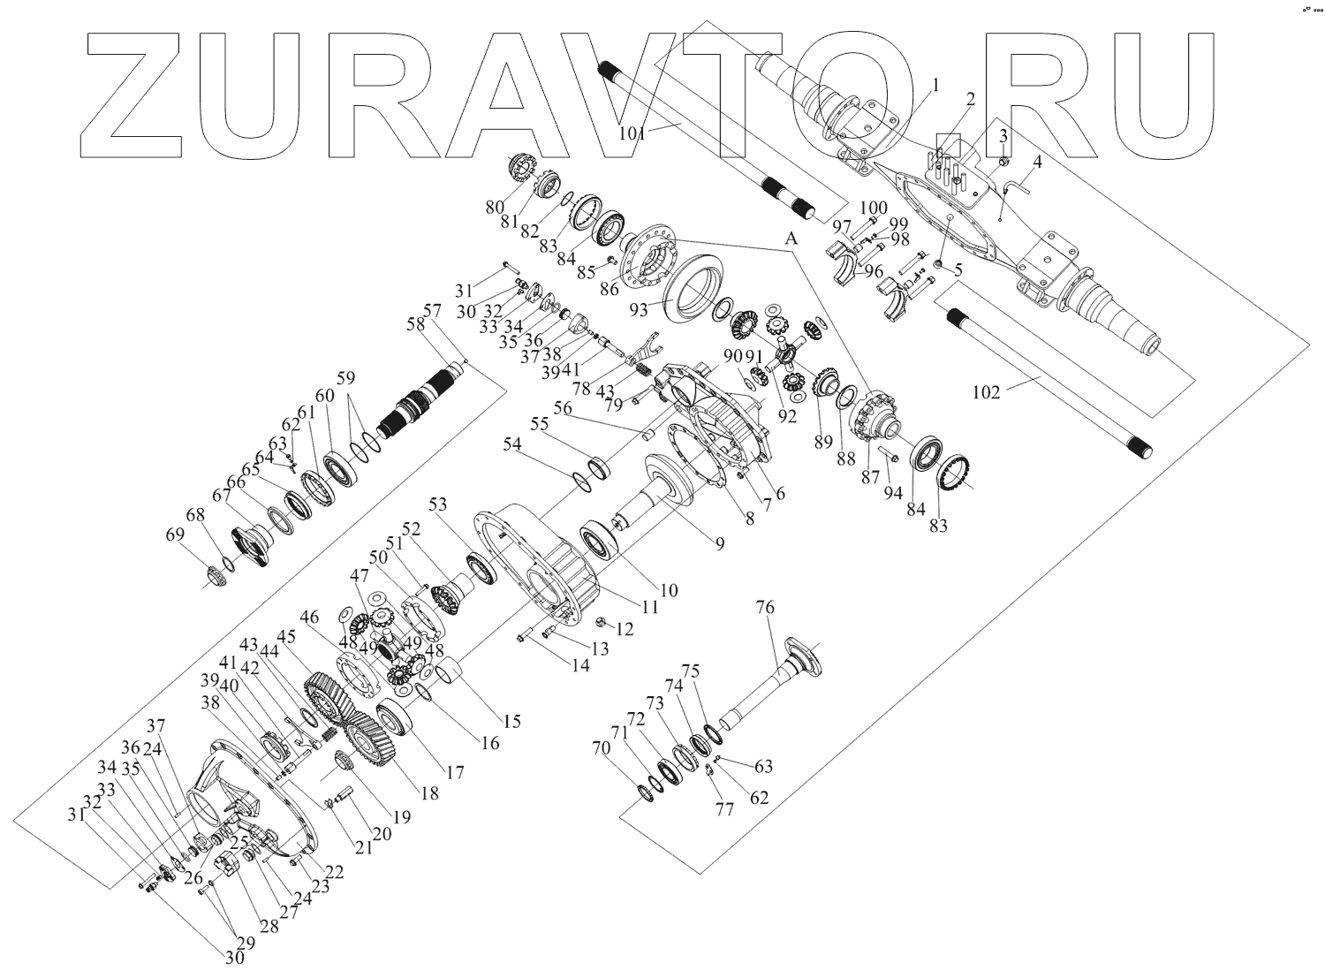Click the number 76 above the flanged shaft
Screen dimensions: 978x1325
(x=764, y=609)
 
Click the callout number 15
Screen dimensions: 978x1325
(x=512, y=721)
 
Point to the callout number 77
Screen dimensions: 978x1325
(x=724, y=810)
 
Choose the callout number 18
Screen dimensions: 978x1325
(x=428, y=792)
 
